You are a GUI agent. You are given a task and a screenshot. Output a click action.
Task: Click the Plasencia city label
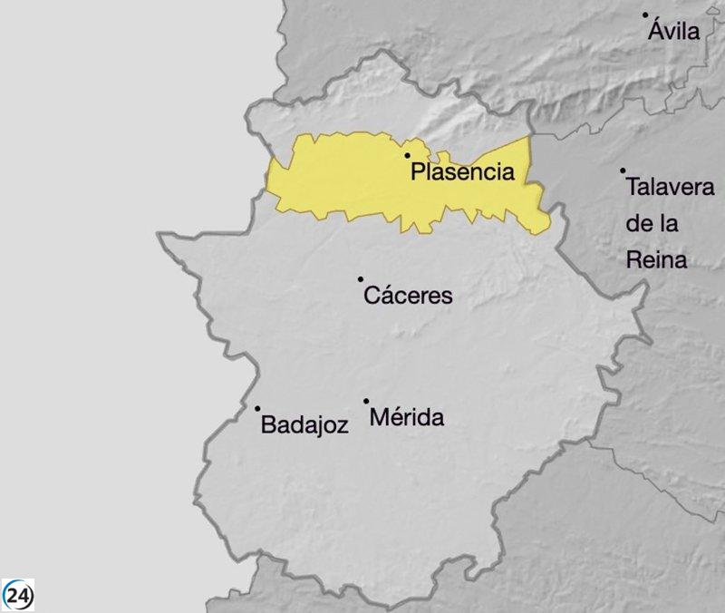[x=463, y=172]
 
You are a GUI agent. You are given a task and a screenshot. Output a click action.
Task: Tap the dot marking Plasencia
[x=408, y=156]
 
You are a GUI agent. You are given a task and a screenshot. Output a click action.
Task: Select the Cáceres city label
[x=407, y=296]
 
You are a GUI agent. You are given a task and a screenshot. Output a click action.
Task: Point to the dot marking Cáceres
[x=361, y=279]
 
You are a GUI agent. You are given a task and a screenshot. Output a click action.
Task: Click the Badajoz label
[x=304, y=424]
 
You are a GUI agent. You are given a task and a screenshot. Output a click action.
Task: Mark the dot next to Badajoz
[x=257, y=409]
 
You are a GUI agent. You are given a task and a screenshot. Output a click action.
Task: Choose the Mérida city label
[x=408, y=418]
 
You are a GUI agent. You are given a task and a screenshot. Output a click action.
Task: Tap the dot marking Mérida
[x=366, y=401]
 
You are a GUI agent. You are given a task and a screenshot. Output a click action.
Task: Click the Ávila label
[x=674, y=32]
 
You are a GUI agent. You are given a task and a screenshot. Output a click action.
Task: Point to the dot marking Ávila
[x=645, y=15]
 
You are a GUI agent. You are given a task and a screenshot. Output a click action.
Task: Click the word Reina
[x=657, y=261]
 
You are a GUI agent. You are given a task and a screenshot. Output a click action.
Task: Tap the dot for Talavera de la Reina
[x=623, y=170]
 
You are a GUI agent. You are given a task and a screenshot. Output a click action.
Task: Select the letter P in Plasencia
[x=418, y=172]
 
